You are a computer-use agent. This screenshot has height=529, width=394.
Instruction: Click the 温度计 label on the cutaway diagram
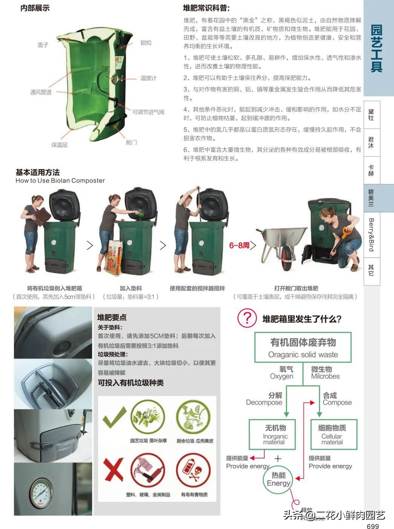[x=148, y=78]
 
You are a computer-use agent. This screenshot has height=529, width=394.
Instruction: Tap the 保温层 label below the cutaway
[x=60, y=145]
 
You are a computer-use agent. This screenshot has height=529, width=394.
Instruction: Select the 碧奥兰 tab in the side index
[x=371, y=198]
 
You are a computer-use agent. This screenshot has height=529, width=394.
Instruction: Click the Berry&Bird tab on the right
[x=371, y=234]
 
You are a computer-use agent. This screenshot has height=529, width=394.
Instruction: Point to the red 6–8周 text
[x=239, y=245]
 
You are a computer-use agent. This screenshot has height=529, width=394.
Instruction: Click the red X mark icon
[x=113, y=470]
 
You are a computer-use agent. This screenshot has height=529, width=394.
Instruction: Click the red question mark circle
[x=247, y=318]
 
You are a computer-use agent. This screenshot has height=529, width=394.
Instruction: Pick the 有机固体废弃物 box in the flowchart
[x=303, y=347]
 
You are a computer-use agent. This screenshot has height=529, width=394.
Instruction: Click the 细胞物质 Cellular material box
[x=332, y=434]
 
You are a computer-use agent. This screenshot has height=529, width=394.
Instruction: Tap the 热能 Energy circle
[x=279, y=480]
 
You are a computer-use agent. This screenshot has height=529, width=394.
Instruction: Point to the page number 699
[x=373, y=526]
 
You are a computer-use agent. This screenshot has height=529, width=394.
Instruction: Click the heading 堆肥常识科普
[x=206, y=8]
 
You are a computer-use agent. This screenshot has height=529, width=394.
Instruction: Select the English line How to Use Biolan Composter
[x=60, y=180]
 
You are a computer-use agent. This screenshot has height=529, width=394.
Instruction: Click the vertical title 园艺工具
[x=376, y=48]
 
